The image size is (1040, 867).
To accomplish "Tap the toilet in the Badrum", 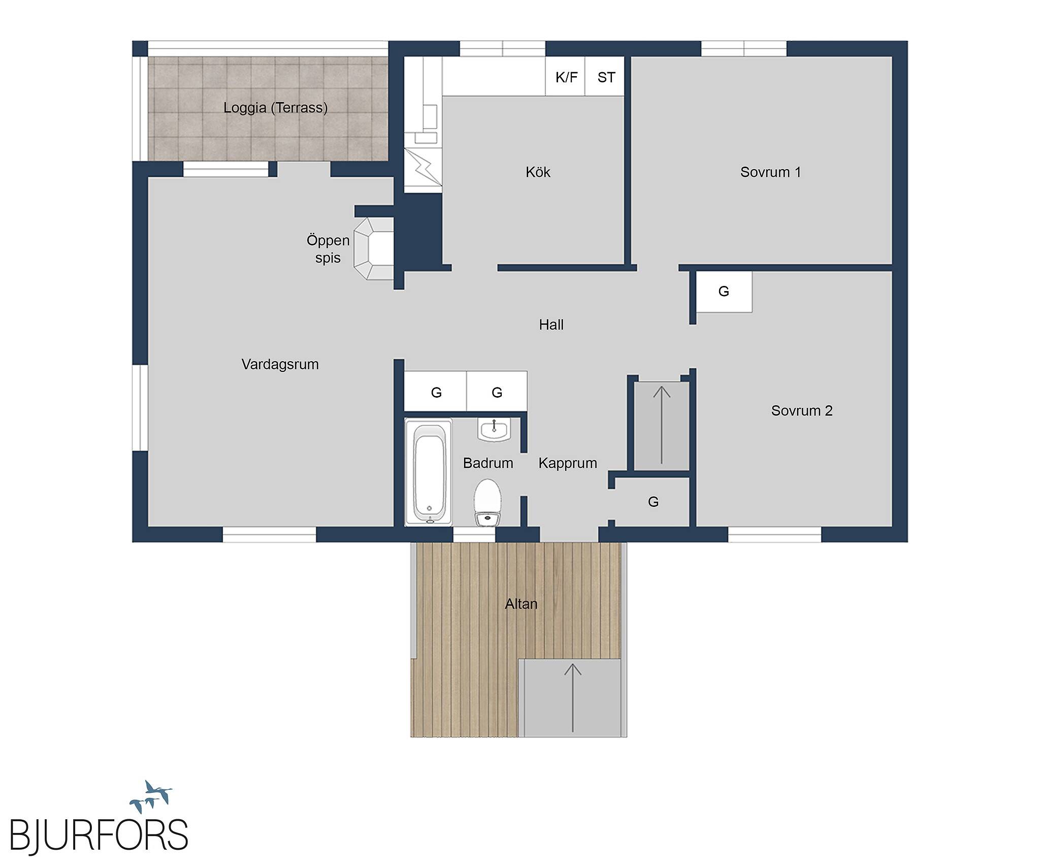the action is coord(487,502).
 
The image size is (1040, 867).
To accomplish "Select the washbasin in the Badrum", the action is coord(493,429).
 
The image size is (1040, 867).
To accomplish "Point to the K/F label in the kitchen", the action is coord(566,77).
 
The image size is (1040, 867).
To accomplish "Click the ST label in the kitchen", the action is coord(606,77).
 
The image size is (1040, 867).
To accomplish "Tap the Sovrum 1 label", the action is coord(770,172).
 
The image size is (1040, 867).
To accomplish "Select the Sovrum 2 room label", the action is coord(802,410).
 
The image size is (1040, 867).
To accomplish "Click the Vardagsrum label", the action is coord(280,365).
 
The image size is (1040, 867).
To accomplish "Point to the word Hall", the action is coord(551,325).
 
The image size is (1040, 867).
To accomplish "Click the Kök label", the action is coord(538,172).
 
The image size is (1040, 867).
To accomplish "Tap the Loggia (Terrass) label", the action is coord(275,108).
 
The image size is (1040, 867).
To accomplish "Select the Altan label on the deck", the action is coord(521,604).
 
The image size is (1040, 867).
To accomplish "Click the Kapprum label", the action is coord(568,463).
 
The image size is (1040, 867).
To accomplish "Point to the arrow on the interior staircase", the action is coord(662,425).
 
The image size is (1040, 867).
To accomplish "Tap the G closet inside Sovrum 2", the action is coord(724,292).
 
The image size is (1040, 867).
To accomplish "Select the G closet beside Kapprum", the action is coord(653,502).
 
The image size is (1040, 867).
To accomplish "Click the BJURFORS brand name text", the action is coord(99,834).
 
